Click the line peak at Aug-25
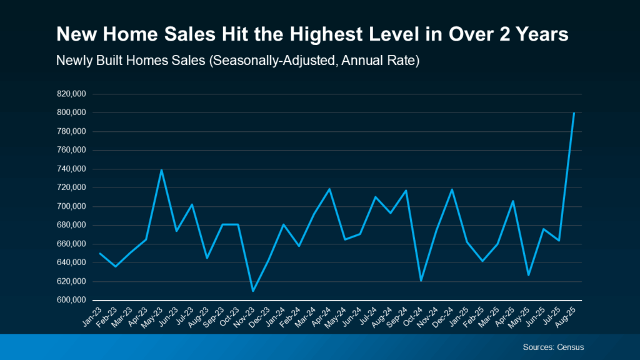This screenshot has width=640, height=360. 574,113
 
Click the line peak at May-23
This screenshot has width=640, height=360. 161,170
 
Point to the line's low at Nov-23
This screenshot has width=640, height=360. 253,291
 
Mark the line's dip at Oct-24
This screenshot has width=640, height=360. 421,281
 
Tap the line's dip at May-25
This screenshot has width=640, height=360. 528,275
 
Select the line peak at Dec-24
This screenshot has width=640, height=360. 452,189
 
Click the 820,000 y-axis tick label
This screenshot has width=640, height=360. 71,94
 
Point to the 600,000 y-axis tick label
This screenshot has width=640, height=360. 71,300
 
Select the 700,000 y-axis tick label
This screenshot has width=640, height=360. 71,206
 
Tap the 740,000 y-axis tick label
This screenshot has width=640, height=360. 71,169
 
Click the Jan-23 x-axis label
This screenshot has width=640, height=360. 92,316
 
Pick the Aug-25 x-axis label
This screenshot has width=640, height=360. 566,316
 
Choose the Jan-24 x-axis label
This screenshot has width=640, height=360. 276,316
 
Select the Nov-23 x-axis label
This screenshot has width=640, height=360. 245,316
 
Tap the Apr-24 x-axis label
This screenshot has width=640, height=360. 321,316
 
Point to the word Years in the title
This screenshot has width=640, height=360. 540,35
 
